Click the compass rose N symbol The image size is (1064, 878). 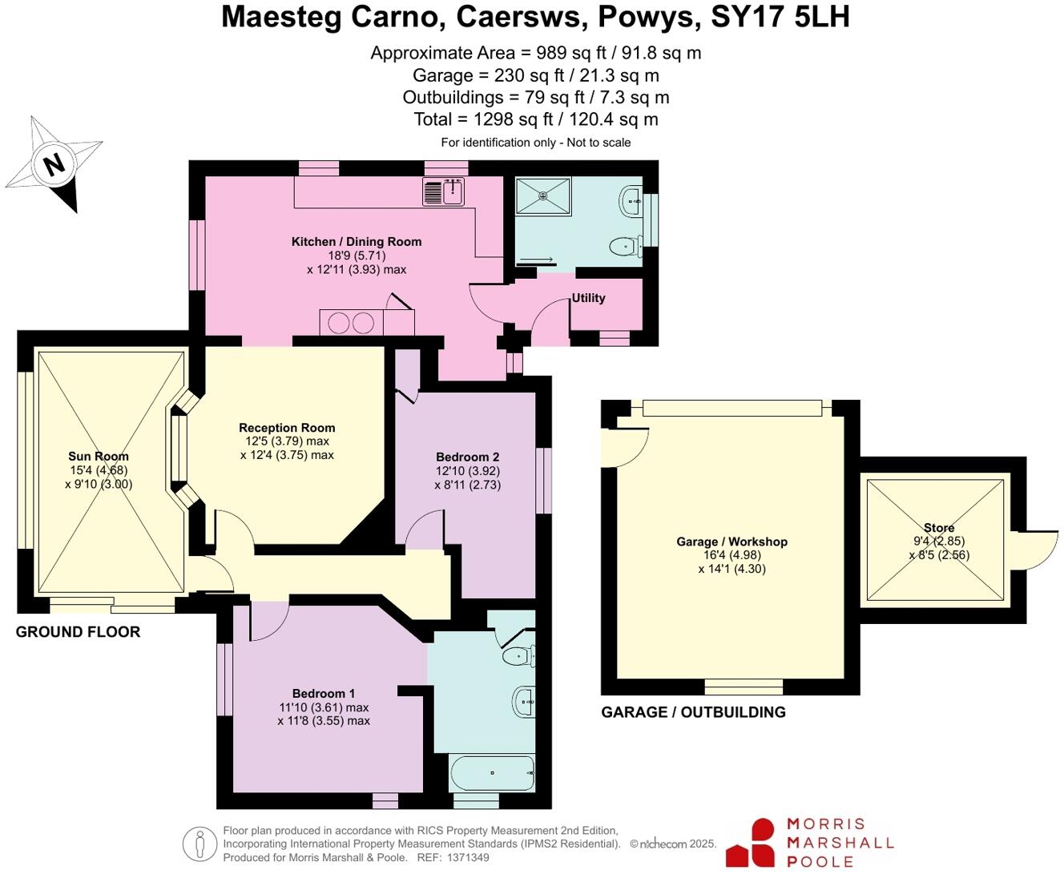coord(54,164)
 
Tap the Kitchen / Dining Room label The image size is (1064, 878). coord(356,241)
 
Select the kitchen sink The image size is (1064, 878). coord(444,192)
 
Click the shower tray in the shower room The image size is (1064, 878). coord(543,195)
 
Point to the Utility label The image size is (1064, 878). coord(588,298)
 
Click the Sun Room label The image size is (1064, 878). coord(99,457)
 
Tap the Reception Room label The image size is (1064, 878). coord(287,428)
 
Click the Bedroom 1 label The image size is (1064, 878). coord(324,694)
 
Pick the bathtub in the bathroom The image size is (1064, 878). coord(492,772)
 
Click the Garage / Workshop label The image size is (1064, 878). coord(731,542)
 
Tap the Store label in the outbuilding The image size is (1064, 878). coord(939,528)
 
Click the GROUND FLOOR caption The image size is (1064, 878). coord(78,632)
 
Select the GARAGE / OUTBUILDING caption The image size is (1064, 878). coord(693,712)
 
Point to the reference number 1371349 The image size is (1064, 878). coord(469,857)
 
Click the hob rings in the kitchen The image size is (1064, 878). coord(351,323)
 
